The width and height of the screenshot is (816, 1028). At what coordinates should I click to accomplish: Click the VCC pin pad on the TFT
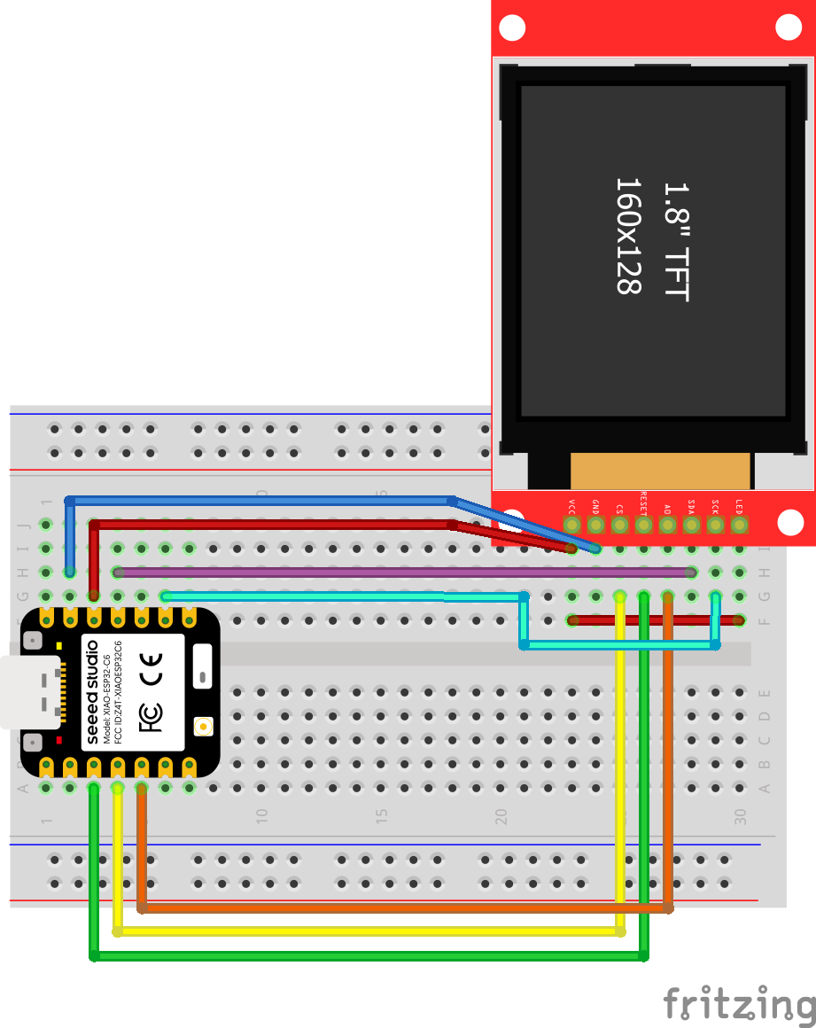tap(572, 526)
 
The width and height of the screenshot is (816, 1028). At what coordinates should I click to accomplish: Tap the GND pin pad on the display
tap(596, 526)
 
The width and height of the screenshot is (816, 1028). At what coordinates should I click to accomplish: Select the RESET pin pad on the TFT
tap(644, 526)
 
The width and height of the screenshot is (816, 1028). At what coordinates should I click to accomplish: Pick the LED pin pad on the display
tap(740, 526)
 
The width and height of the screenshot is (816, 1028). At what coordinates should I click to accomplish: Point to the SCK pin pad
tap(716, 526)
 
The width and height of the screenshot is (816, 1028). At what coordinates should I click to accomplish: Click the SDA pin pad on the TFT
tap(692, 526)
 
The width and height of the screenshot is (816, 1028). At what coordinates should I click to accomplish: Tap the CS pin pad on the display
tap(620, 526)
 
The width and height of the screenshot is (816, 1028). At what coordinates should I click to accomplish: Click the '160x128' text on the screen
tap(627, 236)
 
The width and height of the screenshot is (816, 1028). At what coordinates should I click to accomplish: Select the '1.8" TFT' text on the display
tap(675, 241)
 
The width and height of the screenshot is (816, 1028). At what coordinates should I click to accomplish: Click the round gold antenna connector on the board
tap(204, 727)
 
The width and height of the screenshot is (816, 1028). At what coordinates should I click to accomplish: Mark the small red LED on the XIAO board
tap(59, 740)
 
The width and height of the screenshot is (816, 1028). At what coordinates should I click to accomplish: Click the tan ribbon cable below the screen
tap(660, 470)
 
